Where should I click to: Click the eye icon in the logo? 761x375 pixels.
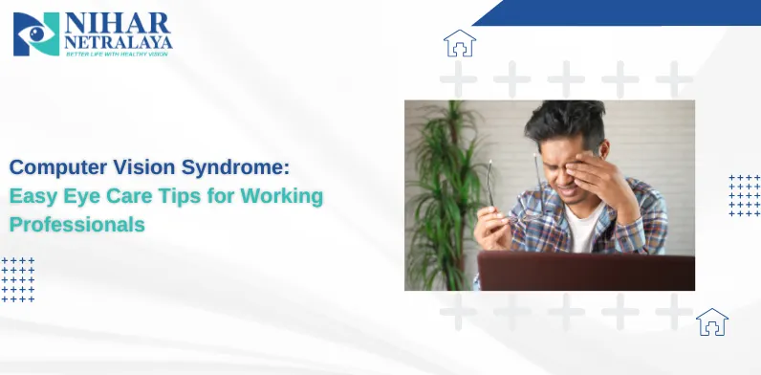36,33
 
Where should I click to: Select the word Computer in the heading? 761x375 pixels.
55,167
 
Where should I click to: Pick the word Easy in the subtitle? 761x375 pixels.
31,196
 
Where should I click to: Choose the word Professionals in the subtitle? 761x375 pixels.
77,225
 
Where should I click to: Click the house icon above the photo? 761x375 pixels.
460,43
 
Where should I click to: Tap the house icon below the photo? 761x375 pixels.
712,322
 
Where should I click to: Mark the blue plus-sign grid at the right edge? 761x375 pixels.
745,195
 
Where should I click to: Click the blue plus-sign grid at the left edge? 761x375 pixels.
17,279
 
